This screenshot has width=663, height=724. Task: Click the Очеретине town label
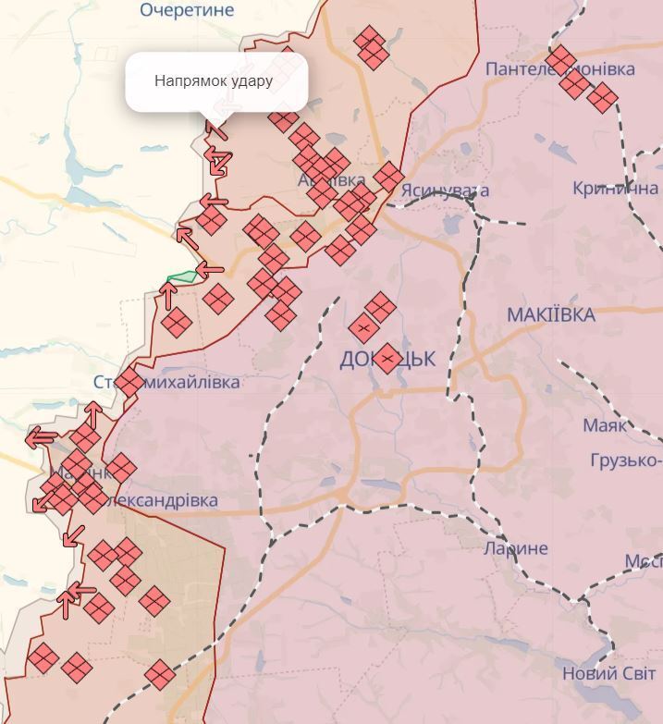187,10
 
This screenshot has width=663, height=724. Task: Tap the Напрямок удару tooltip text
214,80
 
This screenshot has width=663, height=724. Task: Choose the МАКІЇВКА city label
551,315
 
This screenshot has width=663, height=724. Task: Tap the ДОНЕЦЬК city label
387,359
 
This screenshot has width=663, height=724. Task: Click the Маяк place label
605,426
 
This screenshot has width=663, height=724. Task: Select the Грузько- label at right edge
626,460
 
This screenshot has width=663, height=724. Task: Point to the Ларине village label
516,548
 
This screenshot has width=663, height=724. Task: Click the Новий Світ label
608,674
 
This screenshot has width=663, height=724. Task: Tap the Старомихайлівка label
166,382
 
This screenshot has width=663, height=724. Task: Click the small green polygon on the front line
182,276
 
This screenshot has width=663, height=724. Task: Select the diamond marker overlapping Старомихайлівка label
129,381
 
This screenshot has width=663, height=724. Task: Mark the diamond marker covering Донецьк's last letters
388,359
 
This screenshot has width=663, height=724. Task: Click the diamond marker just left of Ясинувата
388,176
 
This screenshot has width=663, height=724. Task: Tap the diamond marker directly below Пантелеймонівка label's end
602,97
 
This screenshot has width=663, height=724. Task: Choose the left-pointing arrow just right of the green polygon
211,270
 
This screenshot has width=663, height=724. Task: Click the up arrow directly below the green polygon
168,295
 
